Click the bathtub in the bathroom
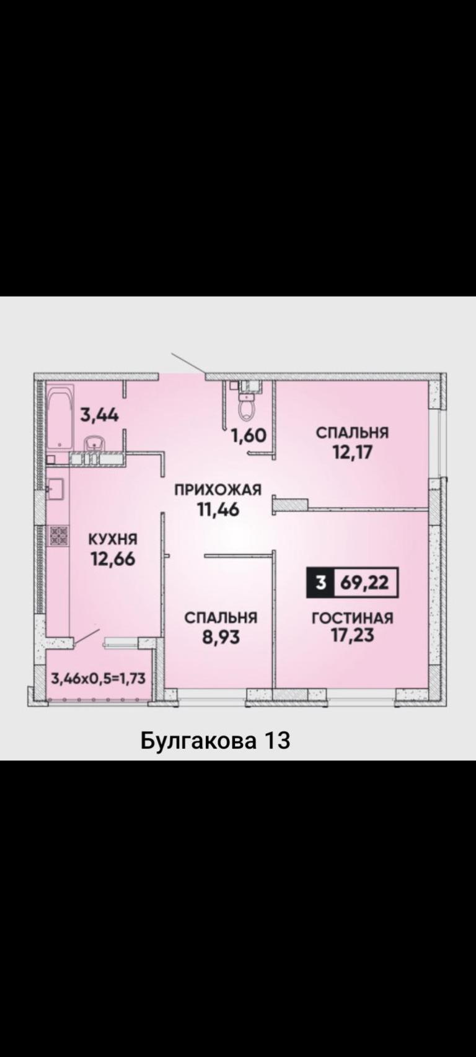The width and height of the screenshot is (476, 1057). tap(61, 417)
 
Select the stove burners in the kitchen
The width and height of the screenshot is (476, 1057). tap(58, 536)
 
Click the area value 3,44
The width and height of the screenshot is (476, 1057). tap(99, 415)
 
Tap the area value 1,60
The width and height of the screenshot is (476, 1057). tap(249, 435)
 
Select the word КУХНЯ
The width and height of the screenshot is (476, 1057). tap(113, 539)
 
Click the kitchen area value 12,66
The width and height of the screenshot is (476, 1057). tap(113, 559)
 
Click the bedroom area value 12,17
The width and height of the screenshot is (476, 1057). tap(352, 452)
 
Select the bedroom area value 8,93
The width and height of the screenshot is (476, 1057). tap(221, 637)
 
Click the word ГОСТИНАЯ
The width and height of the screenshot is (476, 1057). tap(352, 618)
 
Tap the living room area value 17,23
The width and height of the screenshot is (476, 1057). tap(352, 635)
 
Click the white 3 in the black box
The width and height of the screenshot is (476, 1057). tap(321, 583)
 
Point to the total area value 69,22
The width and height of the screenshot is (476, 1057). tap(364, 583)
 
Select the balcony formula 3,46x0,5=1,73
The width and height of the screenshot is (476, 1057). tap(98, 679)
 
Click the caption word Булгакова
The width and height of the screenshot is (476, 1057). tap(199, 741)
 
